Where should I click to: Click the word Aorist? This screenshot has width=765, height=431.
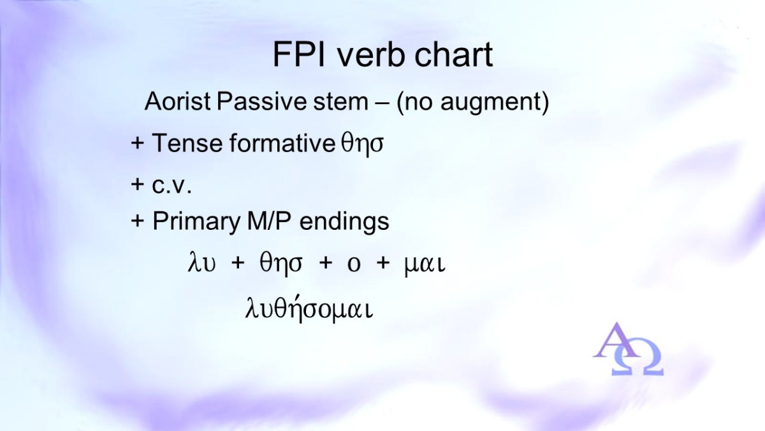pos(178,102)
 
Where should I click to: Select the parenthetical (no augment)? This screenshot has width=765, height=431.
pos(473,102)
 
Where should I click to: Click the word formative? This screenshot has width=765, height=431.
pos(282,142)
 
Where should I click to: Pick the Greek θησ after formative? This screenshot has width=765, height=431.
pos(362,144)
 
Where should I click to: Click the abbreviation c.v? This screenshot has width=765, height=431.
pos(171,186)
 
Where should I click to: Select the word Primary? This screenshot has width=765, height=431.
pos(196,222)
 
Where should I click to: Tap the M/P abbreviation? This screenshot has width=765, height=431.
pos(270,221)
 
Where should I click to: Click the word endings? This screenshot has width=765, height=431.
pos(344,222)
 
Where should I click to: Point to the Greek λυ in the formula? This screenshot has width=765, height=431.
pos(201,263)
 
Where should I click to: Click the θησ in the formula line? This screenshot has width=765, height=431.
pos(281,264)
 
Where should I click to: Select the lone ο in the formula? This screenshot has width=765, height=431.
pos(354,266)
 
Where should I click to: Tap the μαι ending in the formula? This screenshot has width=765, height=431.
pos(425,265)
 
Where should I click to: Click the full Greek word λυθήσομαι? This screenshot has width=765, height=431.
pos(309,310)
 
